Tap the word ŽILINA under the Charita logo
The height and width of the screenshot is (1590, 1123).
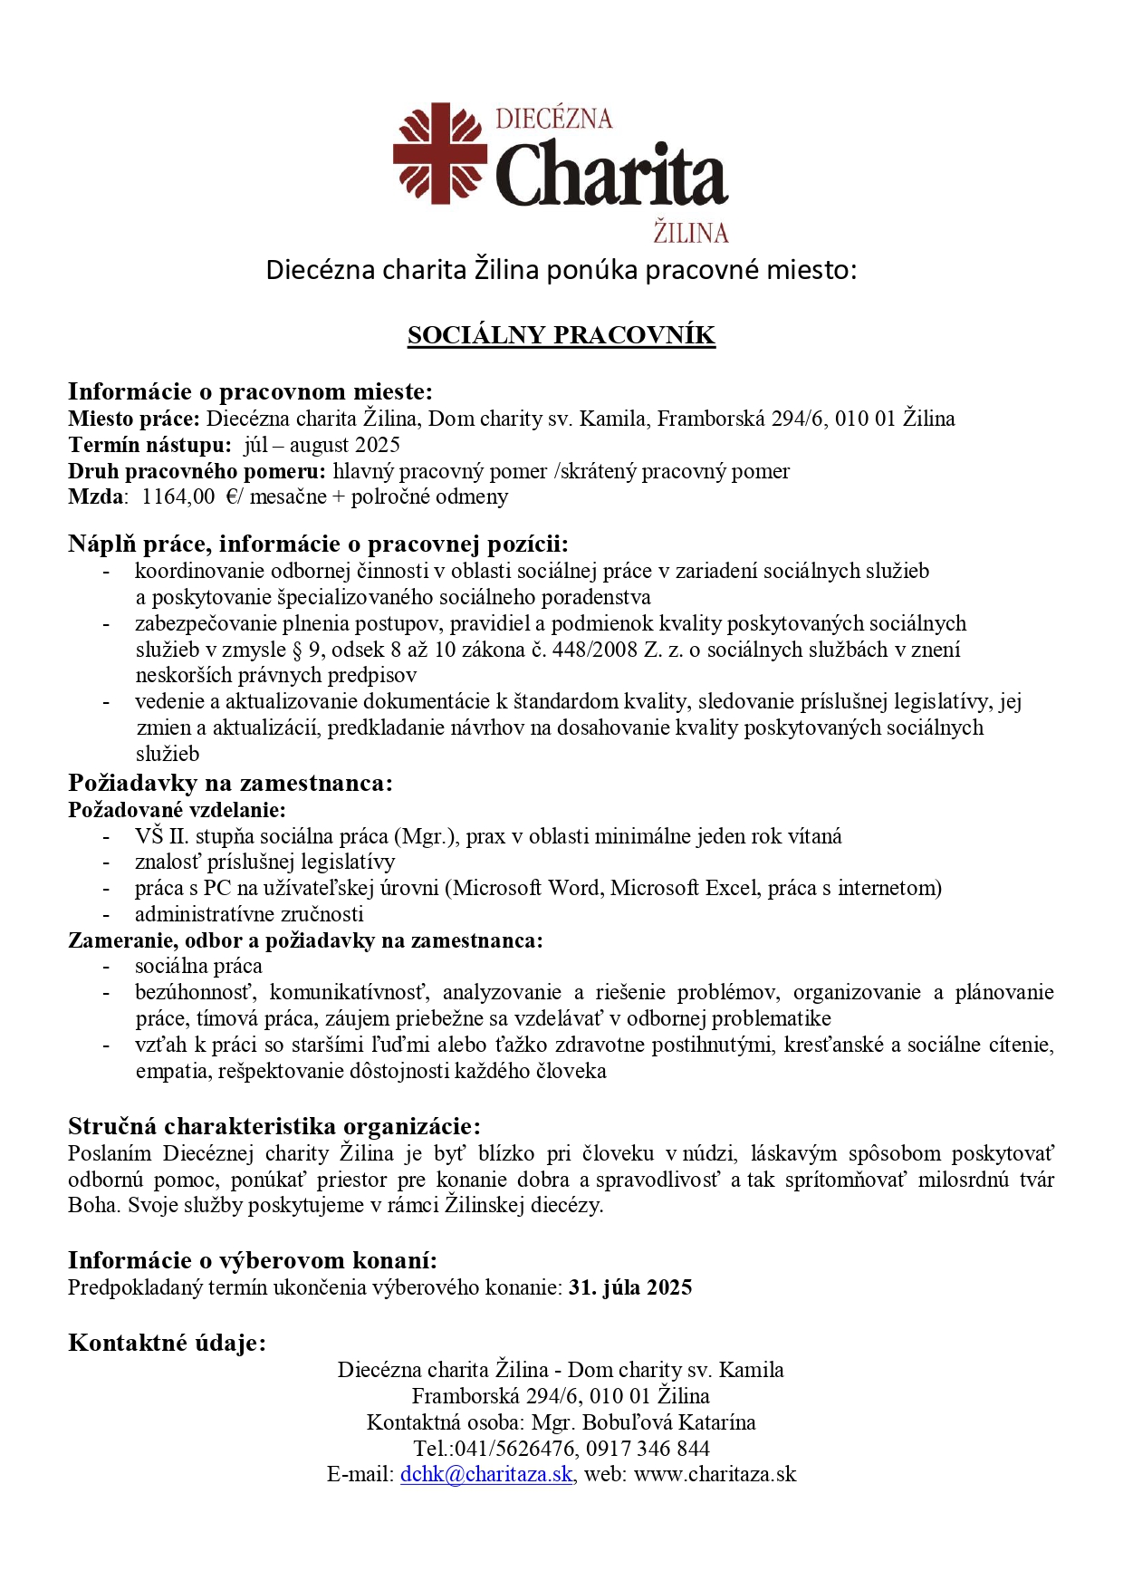pos(691,233)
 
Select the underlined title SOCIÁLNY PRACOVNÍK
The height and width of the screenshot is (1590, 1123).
pos(561,335)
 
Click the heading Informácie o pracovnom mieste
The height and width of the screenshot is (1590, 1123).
pos(250,391)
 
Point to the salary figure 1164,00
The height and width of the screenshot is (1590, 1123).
pos(178,496)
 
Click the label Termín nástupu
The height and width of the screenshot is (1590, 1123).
pos(149,445)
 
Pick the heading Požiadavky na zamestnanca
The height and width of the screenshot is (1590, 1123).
pos(230,783)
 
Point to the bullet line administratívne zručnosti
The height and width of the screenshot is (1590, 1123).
pos(249,914)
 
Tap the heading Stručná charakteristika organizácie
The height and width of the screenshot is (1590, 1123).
pos(274,1126)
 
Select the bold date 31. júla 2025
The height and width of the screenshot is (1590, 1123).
pos(630,1287)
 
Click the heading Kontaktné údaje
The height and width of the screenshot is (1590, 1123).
pos(167,1343)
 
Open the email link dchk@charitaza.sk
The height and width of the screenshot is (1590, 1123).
pos(486,1474)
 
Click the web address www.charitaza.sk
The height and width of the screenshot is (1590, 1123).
pos(715,1474)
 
